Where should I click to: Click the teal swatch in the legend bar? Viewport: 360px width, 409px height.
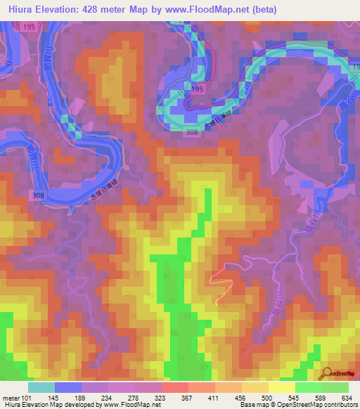tap(41, 387)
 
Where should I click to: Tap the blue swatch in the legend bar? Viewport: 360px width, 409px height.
tap(67, 387)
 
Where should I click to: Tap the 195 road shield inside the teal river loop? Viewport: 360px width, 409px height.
tap(198, 90)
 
